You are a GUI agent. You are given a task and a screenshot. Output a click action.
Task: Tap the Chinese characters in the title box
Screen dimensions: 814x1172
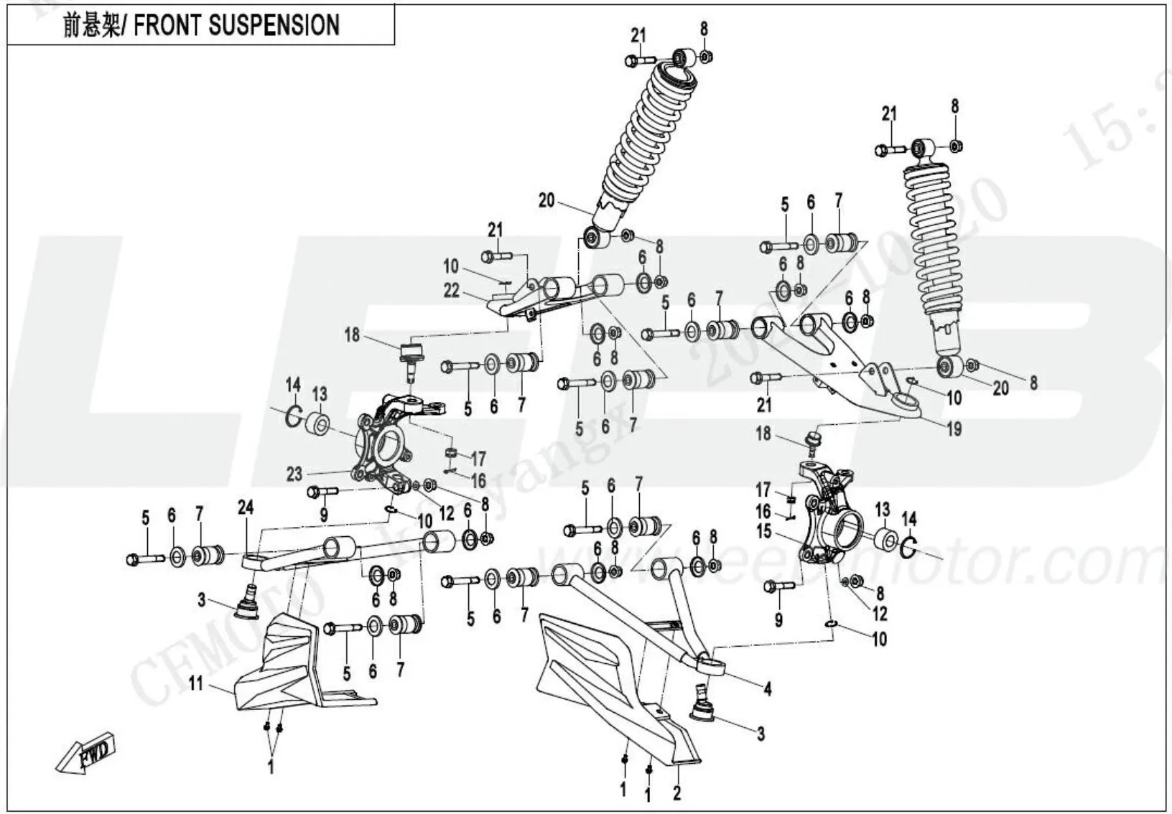pos(89,26)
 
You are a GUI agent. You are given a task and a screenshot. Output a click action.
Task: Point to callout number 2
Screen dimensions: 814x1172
pos(676,793)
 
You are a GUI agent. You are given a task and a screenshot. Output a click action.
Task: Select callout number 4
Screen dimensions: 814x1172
pos(768,690)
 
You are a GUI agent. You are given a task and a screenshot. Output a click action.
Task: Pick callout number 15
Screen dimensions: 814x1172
pos(763,532)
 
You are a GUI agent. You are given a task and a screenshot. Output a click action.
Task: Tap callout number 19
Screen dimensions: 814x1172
pos(954,429)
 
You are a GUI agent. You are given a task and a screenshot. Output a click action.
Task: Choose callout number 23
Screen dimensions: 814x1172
pos(294,474)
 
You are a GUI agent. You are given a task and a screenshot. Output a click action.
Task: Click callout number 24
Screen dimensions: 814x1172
pos(246,508)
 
